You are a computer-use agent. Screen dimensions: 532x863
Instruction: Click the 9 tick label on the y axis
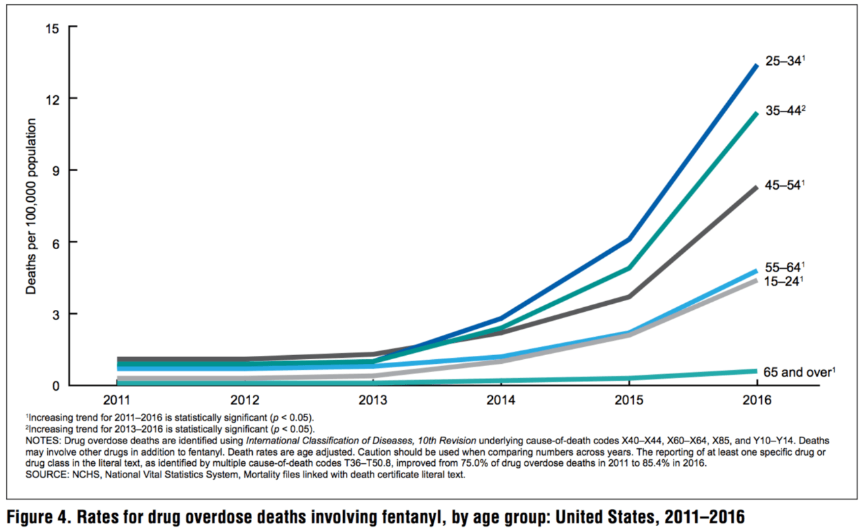pyautogui.click(x=56, y=171)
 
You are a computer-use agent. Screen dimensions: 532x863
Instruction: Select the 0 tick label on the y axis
pyautogui.click(x=56, y=385)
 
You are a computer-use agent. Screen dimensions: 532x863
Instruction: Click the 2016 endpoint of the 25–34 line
pyautogui.click(x=756, y=65)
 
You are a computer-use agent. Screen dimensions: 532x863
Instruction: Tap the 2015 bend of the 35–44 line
pyautogui.click(x=628, y=268)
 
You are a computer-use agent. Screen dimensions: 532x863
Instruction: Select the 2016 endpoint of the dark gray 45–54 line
pyautogui.click(x=756, y=187)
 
